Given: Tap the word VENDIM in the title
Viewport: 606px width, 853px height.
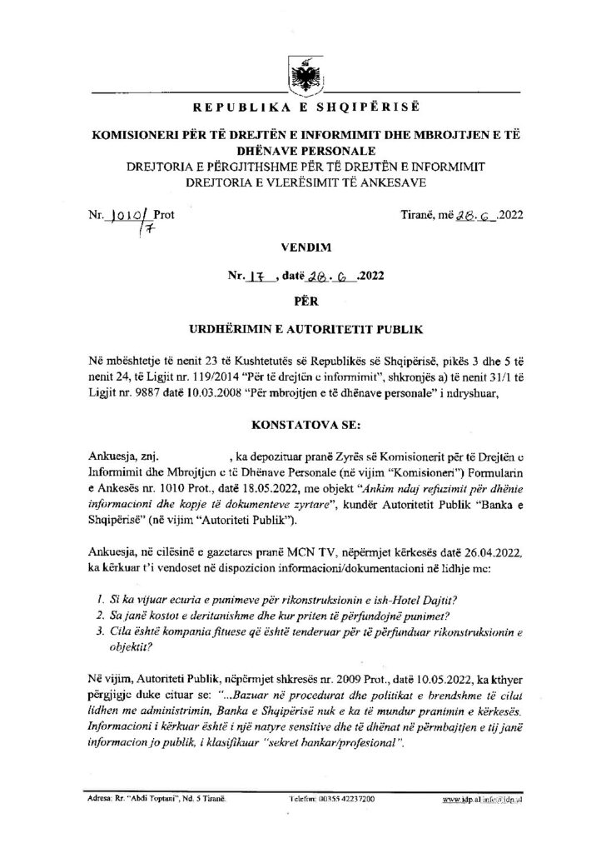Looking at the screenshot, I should (302, 247).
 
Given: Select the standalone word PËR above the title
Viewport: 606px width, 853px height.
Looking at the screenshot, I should (302, 302).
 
